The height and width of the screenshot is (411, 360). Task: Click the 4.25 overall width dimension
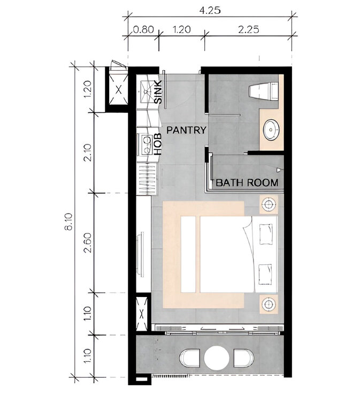[210, 10]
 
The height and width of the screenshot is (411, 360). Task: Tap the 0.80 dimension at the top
[143, 29]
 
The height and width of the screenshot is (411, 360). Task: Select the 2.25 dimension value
[249, 29]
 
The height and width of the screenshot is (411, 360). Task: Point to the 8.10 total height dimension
[68, 222]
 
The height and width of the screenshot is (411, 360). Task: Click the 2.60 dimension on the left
[88, 242]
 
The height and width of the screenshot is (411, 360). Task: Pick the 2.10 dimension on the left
[88, 153]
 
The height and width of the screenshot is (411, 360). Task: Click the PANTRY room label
[186, 130]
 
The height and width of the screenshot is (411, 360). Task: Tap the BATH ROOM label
[247, 182]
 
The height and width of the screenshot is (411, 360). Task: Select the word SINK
[158, 92]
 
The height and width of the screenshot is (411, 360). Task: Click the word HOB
[157, 144]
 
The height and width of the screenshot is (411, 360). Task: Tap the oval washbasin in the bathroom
[271, 130]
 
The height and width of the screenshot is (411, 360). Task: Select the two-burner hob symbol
[147, 144]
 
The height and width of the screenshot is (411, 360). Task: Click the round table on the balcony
[217, 358]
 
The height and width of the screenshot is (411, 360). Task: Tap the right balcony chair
[243, 358]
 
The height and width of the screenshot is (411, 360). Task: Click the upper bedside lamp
[269, 204]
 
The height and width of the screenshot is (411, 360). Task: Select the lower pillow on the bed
[266, 275]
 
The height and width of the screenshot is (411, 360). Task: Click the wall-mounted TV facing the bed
[140, 253]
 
